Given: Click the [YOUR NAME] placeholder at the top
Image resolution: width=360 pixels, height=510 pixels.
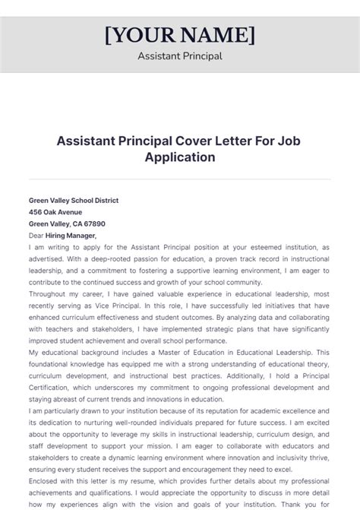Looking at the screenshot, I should tap(180, 35).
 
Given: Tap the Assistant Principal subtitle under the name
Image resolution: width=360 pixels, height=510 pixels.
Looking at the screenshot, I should tap(180, 56).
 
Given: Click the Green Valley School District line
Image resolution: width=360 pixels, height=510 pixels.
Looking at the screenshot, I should tap(74, 200).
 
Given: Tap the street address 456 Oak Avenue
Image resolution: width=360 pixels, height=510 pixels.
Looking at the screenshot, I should tap(55, 212).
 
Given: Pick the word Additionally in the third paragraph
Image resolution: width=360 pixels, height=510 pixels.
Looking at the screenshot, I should tap(255, 377).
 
